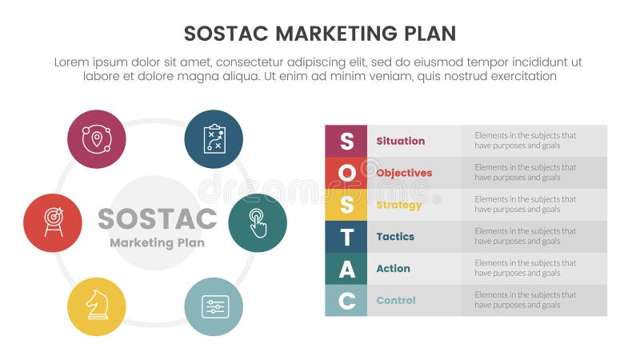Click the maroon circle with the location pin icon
click(x=97, y=139)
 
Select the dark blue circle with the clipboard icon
click(x=214, y=139)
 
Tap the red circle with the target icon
click(x=53, y=223)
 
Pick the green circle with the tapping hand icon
click(x=258, y=223)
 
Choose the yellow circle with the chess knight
click(x=97, y=306)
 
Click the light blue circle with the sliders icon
click(x=214, y=306)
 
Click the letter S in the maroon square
click(x=346, y=141)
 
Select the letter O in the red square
click(x=346, y=173)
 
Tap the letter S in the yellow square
click(x=346, y=205)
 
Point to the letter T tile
click(x=346, y=237)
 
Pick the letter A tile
click(x=346, y=269)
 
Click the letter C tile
click(x=346, y=301)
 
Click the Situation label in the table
click(x=400, y=141)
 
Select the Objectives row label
click(x=404, y=173)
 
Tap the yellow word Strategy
click(x=398, y=205)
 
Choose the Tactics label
click(x=395, y=237)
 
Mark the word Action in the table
click(x=393, y=269)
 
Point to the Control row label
click(x=396, y=301)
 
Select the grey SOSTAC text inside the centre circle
click(x=157, y=218)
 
